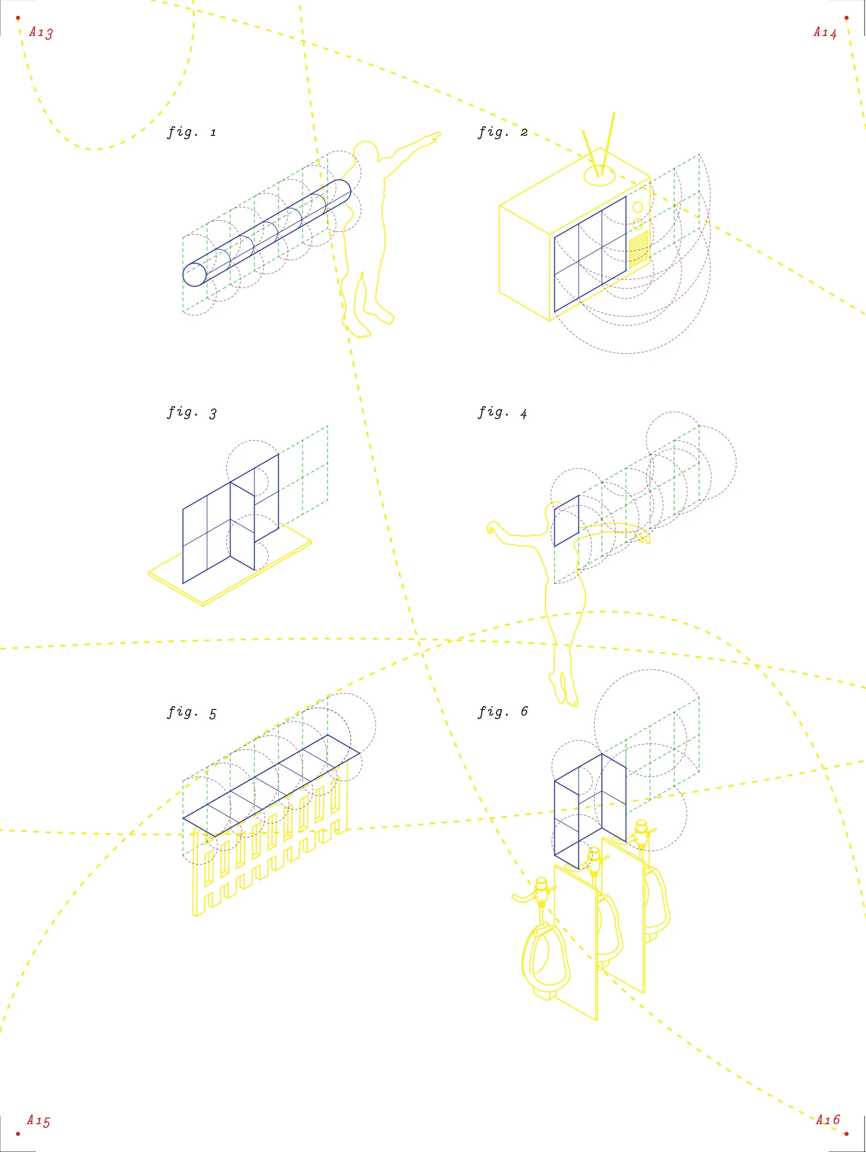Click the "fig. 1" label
tap(191, 132)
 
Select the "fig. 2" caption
tap(503, 132)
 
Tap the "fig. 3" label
tap(191, 413)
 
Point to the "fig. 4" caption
tap(503, 413)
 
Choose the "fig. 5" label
tap(191, 712)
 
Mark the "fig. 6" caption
tap(503, 712)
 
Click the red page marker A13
tap(41, 32)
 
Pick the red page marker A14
tap(825, 32)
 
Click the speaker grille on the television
tap(639, 249)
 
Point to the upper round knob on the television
tap(638, 207)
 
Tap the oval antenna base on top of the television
tap(600, 176)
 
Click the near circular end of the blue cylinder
tap(195, 275)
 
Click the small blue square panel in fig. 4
tap(566, 521)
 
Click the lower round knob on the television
tap(637, 225)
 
